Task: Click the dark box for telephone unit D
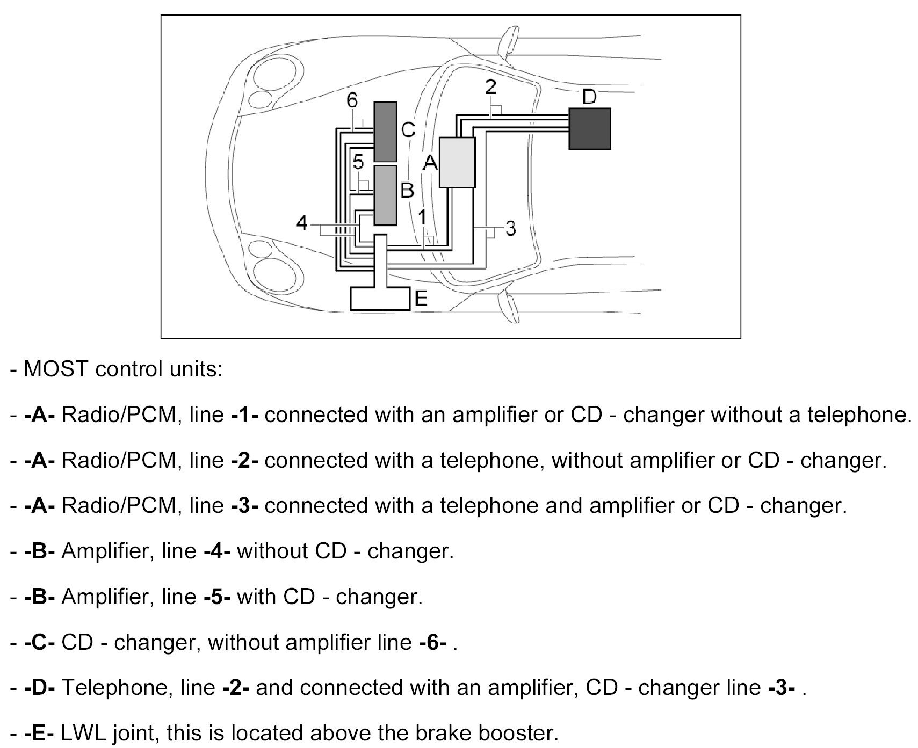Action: click(589, 128)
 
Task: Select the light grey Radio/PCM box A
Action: click(457, 162)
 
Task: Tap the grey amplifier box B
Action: click(385, 195)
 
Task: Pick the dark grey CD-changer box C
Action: click(385, 132)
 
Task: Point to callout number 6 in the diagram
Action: click(352, 100)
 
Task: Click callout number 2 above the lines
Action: click(490, 88)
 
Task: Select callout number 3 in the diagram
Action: click(510, 229)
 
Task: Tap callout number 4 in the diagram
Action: click(302, 222)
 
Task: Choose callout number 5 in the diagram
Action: click(358, 162)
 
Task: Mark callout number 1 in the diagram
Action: click(422, 217)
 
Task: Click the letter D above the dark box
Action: click(589, 97)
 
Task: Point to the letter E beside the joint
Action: click(421, 299)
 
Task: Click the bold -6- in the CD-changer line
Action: click(432, 642)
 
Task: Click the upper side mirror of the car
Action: click(506, 45)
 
